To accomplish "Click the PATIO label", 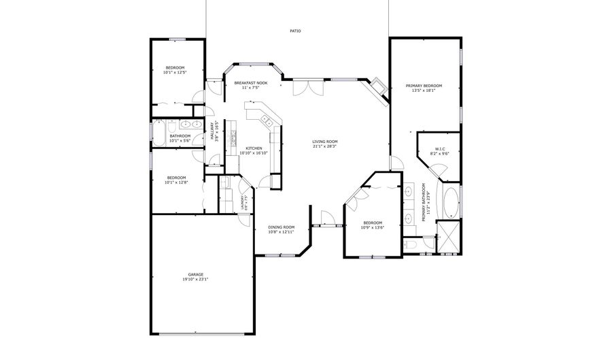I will tap(295, 31).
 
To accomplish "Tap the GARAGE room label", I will tap(196, 274).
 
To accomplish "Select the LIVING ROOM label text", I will tap(325, 142).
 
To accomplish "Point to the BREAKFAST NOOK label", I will tap(251, 82).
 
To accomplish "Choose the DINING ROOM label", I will tap(280, 227).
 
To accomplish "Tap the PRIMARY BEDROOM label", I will tap(424, 86).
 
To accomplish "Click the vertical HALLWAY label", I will tap(212, 134).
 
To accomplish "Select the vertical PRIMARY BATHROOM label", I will tap(424, 201).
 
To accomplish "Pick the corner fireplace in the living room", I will tap(378, 88).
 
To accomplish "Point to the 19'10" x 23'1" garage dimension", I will tap(196, 279).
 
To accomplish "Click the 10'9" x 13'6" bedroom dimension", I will tap(372, 227).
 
